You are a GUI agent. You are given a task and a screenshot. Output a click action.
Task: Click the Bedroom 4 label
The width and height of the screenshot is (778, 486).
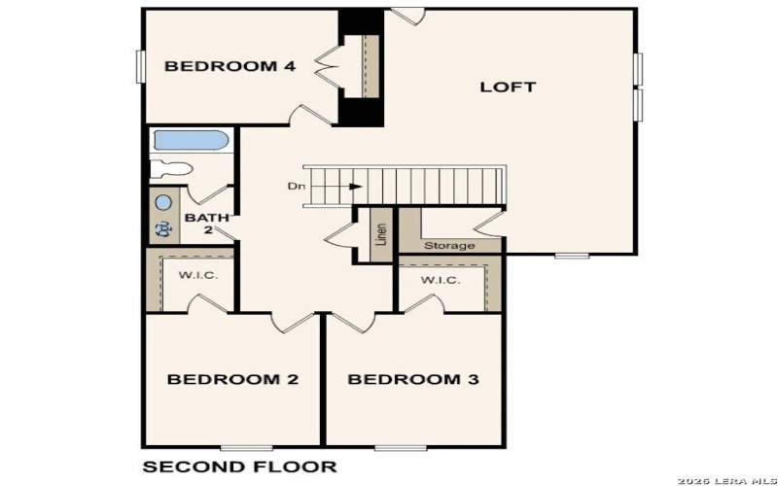pos(230,66)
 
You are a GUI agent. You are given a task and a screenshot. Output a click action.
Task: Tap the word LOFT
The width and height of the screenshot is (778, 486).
pos(508,87)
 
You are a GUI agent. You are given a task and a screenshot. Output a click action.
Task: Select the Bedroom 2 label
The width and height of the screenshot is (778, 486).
pos(232,379)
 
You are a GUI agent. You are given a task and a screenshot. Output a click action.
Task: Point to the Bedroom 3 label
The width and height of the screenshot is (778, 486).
pos(413,379)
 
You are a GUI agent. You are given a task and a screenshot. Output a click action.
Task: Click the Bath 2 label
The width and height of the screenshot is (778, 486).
pos(199,224)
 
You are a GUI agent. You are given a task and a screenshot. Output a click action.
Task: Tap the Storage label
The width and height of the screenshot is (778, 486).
pos(449,245)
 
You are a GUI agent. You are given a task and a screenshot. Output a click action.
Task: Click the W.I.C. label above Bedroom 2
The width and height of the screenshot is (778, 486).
pos(197,275)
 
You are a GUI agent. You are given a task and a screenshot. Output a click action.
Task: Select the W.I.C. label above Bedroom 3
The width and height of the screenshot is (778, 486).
pos(441,280)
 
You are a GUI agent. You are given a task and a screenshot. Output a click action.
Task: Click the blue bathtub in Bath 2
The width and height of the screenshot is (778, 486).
pos(191,141)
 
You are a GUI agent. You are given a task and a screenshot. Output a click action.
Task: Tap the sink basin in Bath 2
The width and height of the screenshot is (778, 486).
pos(163,203)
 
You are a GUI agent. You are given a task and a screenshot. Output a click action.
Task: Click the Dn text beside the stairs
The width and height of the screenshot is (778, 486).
pos(295,186)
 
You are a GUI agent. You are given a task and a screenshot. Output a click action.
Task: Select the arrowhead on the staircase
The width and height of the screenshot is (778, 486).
pos(357,186)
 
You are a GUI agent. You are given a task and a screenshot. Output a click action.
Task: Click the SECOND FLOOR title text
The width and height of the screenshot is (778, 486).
pos(239,467)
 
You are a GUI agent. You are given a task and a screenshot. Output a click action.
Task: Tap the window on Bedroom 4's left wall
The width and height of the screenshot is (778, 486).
pos(140,66)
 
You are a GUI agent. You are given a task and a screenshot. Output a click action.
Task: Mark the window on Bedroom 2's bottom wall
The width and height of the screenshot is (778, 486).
pos(244,447)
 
